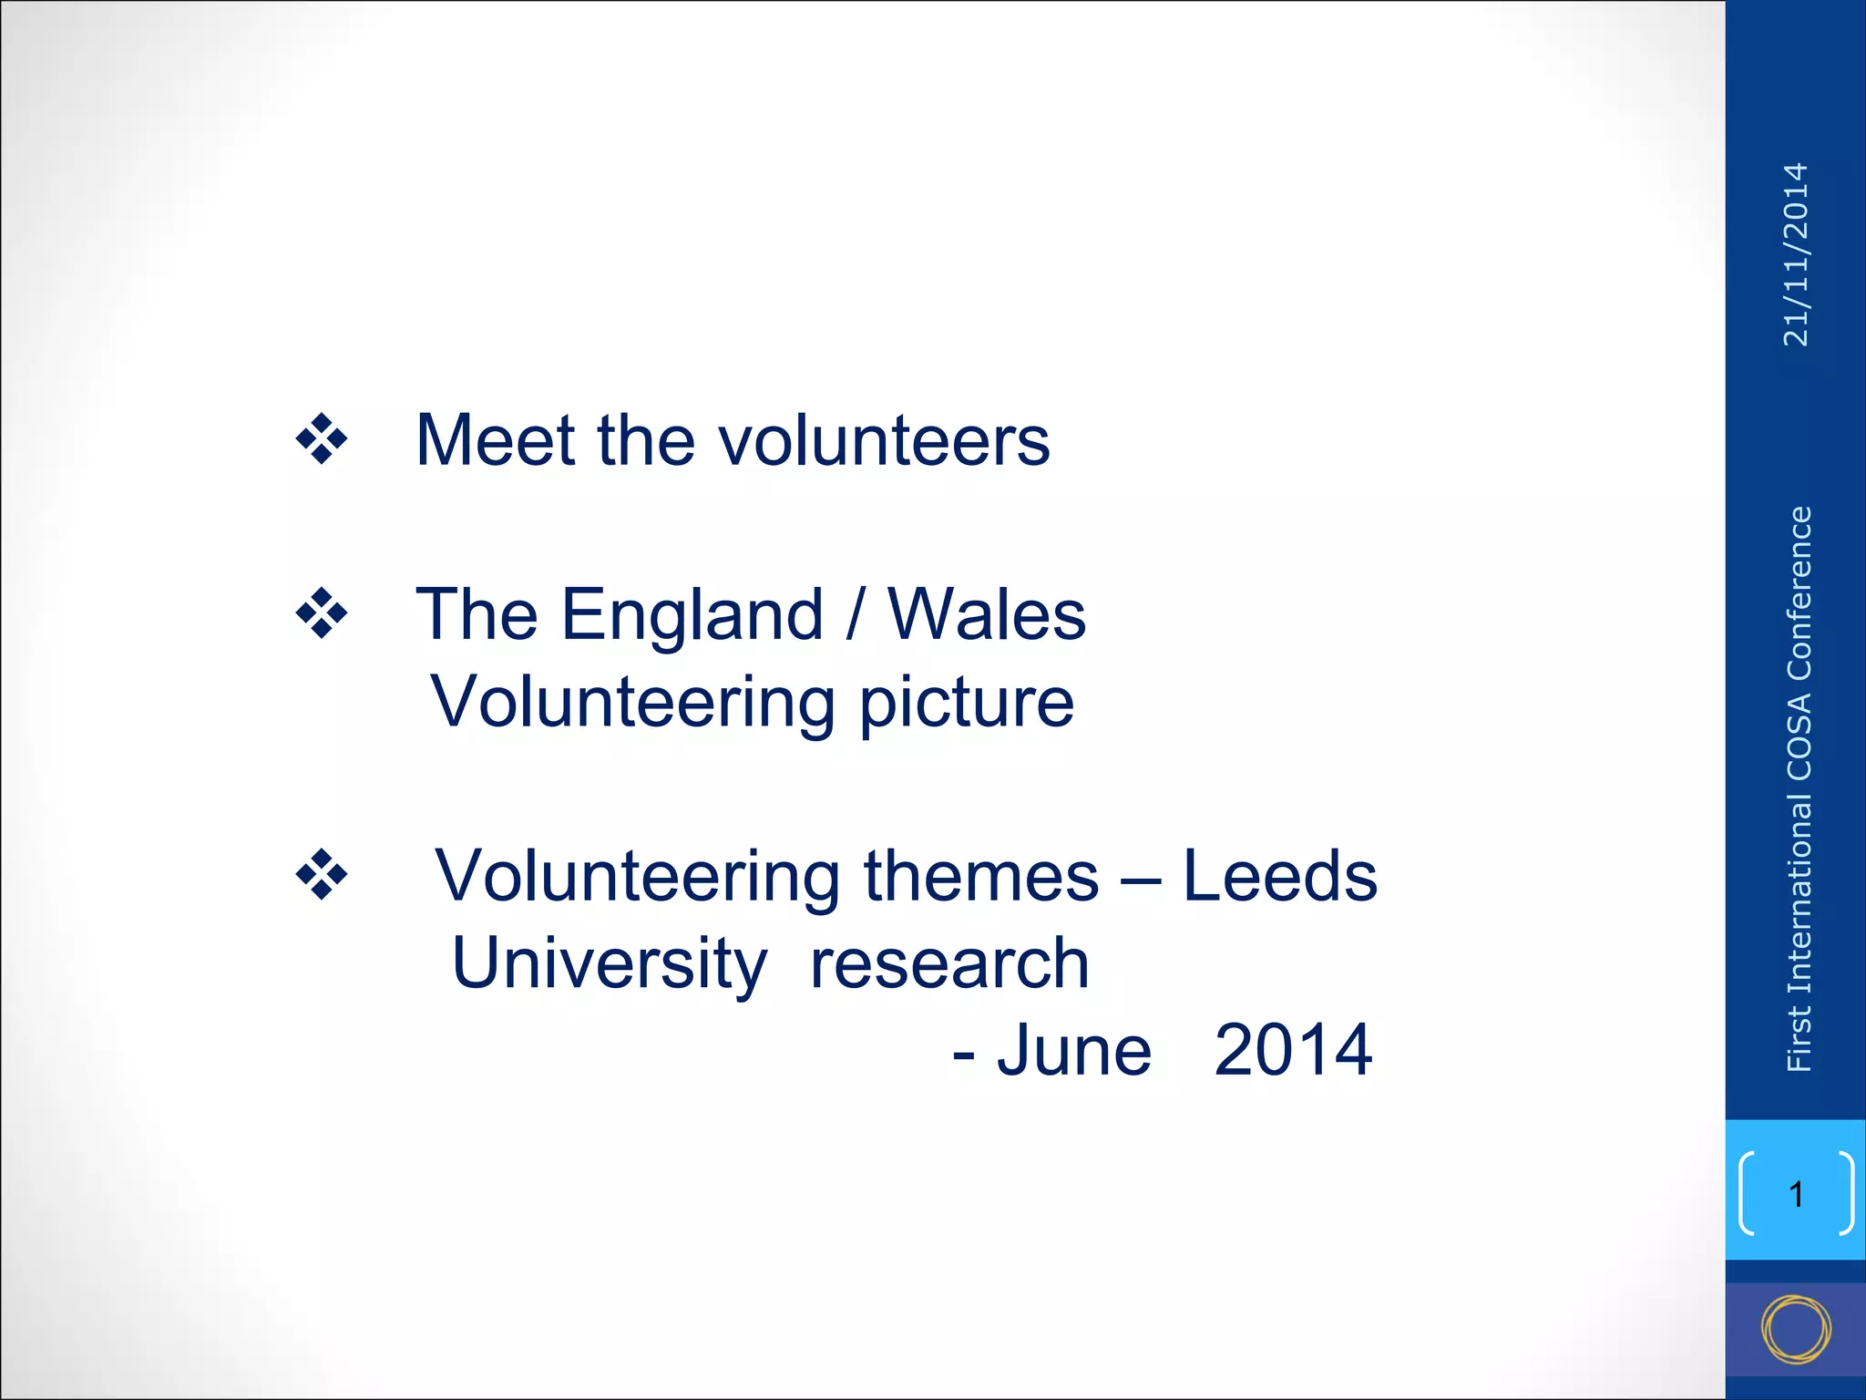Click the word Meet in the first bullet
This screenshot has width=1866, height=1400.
495,440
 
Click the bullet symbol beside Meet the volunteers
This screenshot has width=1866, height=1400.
322,439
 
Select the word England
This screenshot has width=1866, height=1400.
692,616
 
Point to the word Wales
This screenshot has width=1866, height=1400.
987,615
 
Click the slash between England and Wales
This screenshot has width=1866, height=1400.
854,616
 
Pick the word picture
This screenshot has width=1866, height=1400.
967,704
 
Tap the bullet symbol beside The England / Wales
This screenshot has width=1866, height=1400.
322,614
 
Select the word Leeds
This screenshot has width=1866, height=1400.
1279,876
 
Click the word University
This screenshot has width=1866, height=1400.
610,964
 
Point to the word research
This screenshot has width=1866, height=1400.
949,964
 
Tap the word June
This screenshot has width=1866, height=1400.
1074,1051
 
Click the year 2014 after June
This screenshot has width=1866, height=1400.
1293,1051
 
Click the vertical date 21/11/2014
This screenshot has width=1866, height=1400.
1796,254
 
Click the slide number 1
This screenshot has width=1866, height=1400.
1796,1194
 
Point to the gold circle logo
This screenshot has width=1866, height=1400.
1796,1329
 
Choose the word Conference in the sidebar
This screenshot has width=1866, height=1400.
1799,592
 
